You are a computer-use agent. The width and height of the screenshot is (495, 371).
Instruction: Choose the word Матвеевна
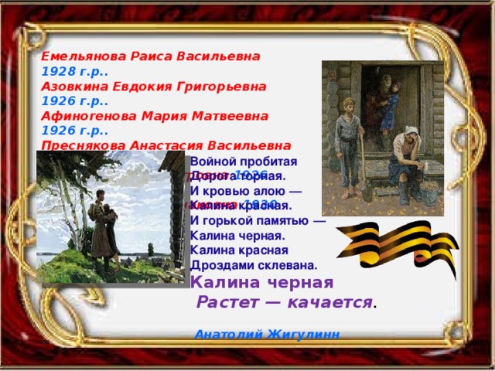point(232,115)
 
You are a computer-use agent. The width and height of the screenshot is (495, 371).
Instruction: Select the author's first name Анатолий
point(227,335)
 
